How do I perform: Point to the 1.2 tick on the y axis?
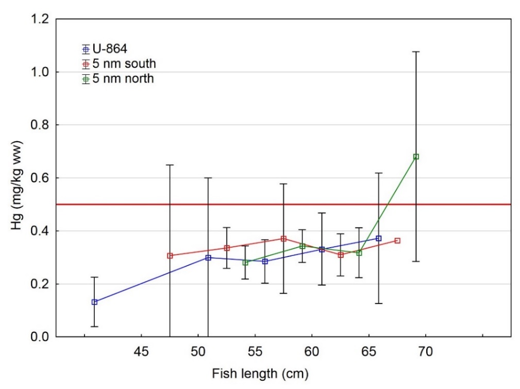[40, 19]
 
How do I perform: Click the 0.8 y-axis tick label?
[40, 125]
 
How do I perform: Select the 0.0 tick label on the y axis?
[40, 337]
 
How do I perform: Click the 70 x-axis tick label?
[425, 352]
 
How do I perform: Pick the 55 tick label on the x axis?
[255, 352]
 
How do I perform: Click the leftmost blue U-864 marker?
[94, 302]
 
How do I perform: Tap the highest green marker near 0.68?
[416, 156]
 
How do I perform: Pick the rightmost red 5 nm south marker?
[397, 240]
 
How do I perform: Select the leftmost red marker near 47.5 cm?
[170, 255]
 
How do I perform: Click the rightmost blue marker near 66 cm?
[379, 238]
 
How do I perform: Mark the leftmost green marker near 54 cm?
[245, 263]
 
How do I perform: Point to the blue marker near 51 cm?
[208, 257]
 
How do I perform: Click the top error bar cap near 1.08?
[416, 52]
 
